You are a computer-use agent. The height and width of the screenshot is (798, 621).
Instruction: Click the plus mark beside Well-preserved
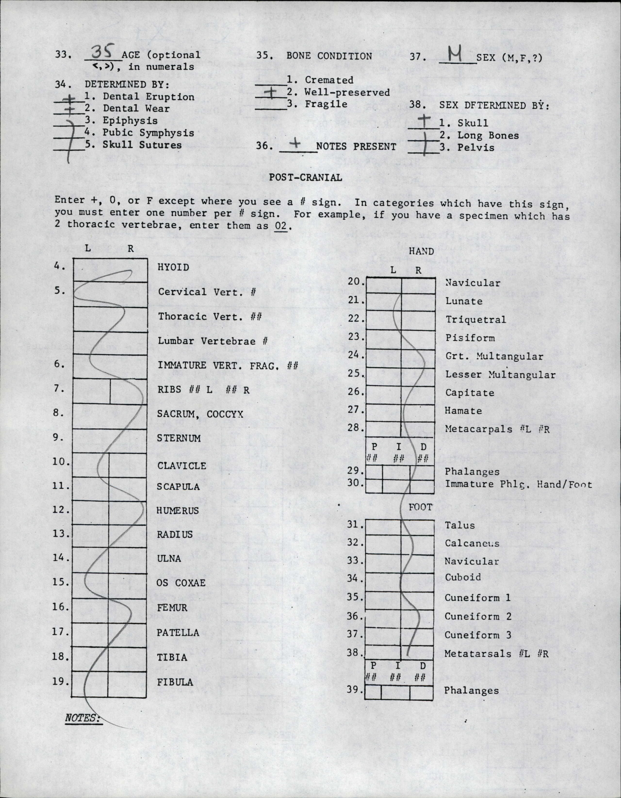pos(271,93)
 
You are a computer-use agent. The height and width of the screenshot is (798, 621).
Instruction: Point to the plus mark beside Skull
pos(424,121)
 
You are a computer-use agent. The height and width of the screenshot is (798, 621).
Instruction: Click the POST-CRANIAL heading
pos(305,178)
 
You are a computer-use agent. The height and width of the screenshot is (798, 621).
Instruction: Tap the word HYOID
pos(173,267)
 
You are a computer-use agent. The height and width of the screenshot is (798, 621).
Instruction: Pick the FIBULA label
pos(175,682)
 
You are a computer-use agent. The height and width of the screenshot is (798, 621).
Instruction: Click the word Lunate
pos(464,301)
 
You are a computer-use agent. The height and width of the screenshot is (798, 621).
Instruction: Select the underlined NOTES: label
pos(82,718)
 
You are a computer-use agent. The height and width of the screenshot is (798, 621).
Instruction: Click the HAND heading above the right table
pos(421,251)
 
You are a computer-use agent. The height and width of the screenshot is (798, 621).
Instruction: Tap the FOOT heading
pos(420,507)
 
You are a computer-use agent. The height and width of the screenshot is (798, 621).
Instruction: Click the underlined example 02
pos(281,225)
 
